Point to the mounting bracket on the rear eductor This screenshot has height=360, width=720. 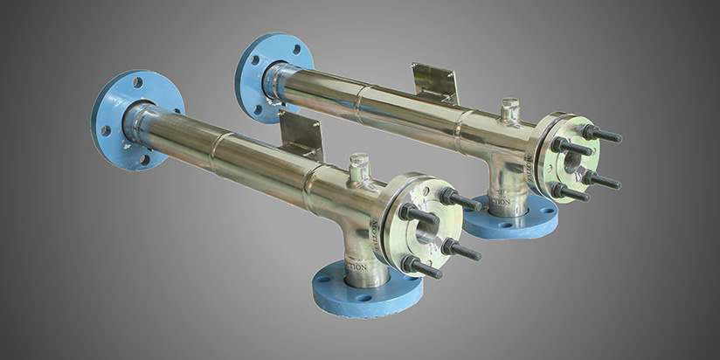click(x=435, y=82)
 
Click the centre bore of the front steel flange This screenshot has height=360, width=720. click(x=426, y=233)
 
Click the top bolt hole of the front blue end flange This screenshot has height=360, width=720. click(x=137, y=82)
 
